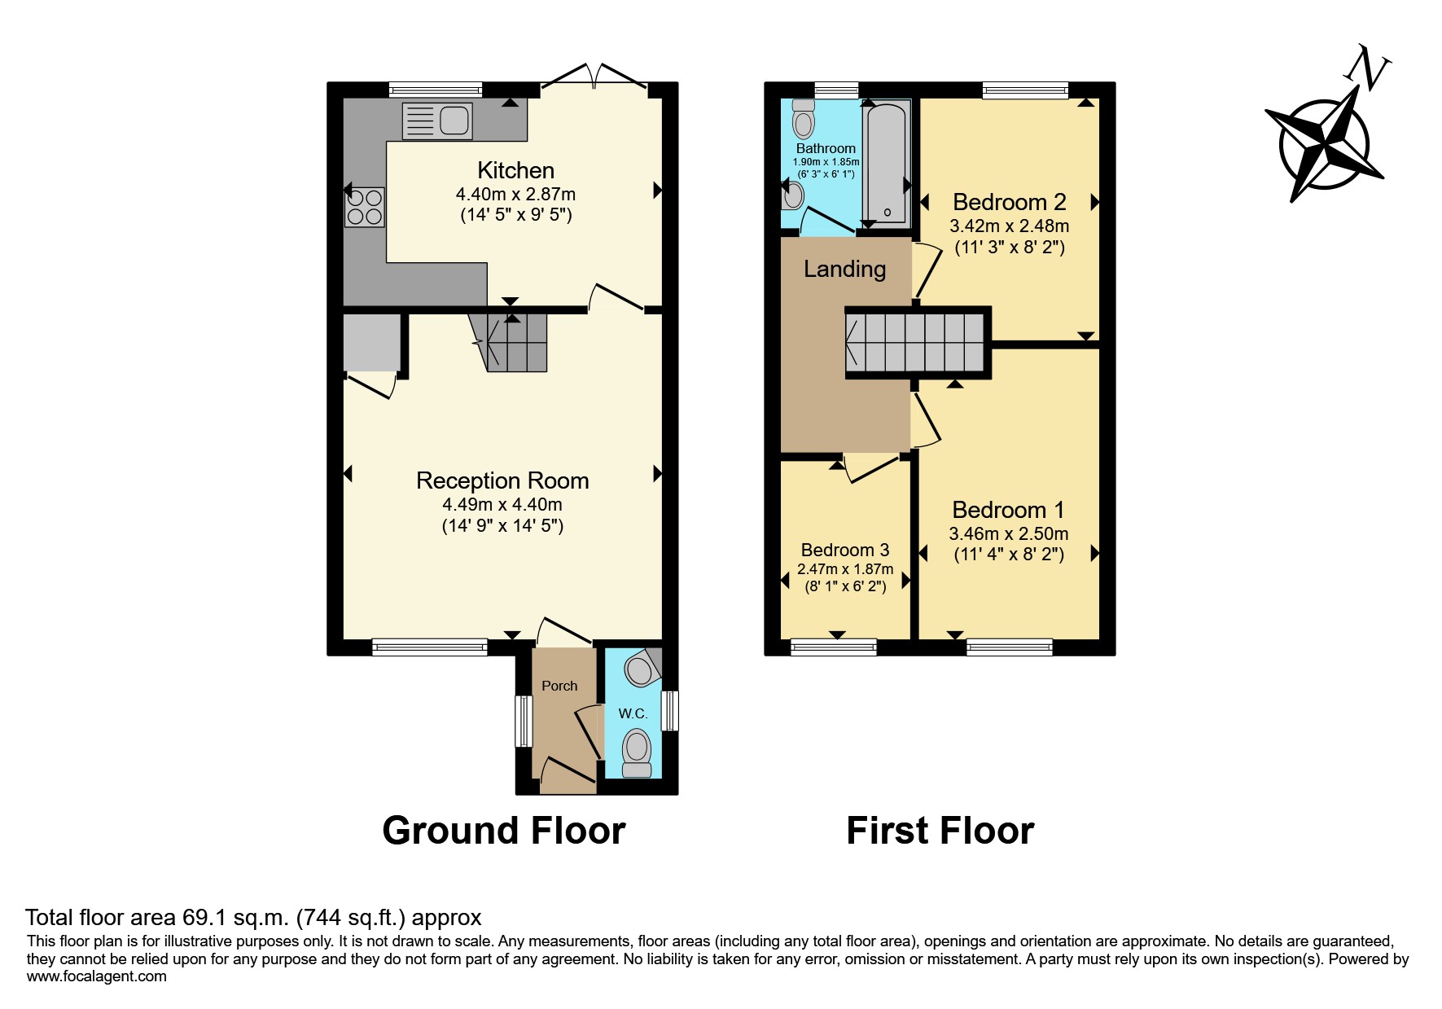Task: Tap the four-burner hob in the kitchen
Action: tap(365, 207)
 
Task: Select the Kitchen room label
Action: tap(515, 170)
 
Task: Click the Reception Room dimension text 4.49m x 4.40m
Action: tap(502, 504)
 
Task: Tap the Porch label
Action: tap(559, 686)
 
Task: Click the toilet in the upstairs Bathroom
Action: tap(804, 119)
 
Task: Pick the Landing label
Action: tap(844, 269)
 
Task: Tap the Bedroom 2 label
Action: tap(1009, 201)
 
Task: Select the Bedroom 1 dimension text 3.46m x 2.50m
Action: tap(1009, 534)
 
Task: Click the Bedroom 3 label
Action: tap(845, 551)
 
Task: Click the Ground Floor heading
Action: tap(503, 831)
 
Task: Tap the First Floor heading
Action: tap(940, 831)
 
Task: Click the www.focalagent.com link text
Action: tap(96, 976)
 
